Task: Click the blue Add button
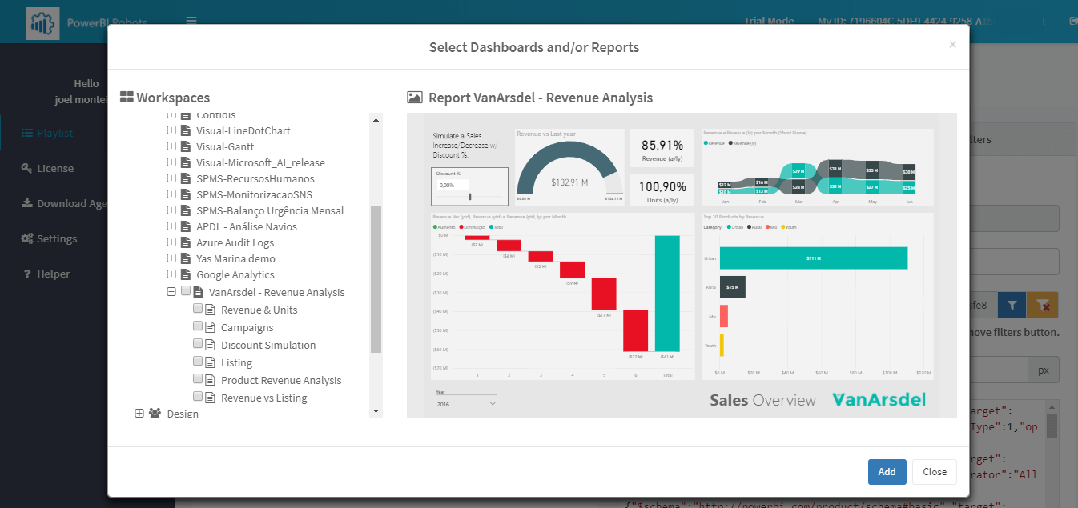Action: tap(887, 472)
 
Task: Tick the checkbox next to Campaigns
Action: tap(198, 326)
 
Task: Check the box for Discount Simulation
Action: tap(198, 344)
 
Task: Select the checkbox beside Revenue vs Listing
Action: tap(198, 397)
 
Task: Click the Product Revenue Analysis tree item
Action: tap(280, 381)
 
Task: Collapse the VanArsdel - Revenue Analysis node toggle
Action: tap(171, 292)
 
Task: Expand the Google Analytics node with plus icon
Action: tap(171, 274)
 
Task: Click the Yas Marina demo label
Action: tap(235, 259)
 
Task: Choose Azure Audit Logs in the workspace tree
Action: tap(235, 243)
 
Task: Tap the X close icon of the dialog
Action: tap(952, 45)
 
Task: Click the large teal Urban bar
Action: tap(813, 258)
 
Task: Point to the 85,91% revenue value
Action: tap(662, 146)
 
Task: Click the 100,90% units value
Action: tap(662, 187)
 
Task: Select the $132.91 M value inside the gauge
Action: tap(569, 182)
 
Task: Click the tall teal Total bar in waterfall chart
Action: tap(666, 294)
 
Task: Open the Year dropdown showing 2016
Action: tap(465, 404)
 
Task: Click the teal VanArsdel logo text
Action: tap(879, 400)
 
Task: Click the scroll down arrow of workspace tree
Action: tap(376, 411)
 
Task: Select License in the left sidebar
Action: tap(54, 169)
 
